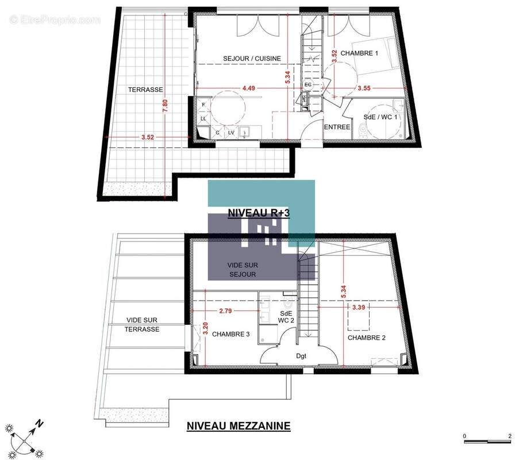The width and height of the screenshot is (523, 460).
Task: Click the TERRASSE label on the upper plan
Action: pos(145,90)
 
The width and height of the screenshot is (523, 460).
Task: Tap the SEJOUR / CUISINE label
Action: pos(252,58)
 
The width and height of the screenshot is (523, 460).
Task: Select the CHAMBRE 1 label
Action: pos(359,53)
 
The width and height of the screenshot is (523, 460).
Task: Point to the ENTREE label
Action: pos(337,127)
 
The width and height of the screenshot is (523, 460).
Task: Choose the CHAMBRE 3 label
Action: pos(230,333)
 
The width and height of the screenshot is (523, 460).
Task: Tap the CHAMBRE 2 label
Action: pos(367,338)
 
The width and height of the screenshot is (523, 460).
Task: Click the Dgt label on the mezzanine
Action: pos(301,356)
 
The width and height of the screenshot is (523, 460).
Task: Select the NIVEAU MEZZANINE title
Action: pos(239,426)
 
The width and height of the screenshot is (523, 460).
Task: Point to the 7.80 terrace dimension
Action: pos(165,106)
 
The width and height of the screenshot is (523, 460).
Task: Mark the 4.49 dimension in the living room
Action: pos(249,88)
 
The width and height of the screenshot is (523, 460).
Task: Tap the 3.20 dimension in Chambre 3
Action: pos(205,330)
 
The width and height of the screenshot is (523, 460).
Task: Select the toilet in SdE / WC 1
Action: pos(361,132)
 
